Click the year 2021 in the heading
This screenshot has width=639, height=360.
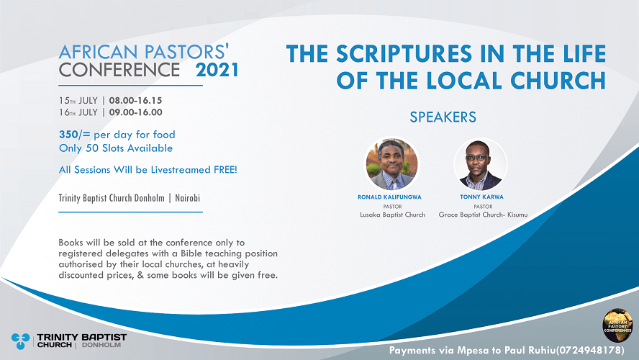click(x=217, y=70)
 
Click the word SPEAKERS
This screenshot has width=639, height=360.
click(x=443, y=117)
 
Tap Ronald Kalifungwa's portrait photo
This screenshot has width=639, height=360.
click(x=391, y=164)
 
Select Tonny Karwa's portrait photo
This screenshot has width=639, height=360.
click(x=481, y=164)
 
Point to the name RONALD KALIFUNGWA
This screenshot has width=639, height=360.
click(x=389, y=197)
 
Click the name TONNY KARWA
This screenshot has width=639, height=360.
click(x=481, y=197)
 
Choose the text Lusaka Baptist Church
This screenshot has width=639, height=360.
click(x=392, y=215)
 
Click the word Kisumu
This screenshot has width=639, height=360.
click(x=517, y=215)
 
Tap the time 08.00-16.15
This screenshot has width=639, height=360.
click(x=135, y=101)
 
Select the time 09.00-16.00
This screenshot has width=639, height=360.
click(x=135, y=112)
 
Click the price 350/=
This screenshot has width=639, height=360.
click(x=75, y=135)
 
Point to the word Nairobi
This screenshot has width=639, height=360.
click(x=188, y=198)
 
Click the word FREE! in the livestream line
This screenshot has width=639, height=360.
click(x=225, y=170)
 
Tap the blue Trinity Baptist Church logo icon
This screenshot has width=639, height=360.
click(x=20, y=341)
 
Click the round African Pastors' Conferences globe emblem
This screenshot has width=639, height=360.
click(x=617, y=325)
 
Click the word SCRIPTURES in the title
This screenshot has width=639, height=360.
click(x=404, y=54)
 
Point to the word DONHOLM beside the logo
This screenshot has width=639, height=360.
click(x=101, y=345)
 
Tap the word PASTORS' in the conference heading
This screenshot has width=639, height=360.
click(x=186, y=52)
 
